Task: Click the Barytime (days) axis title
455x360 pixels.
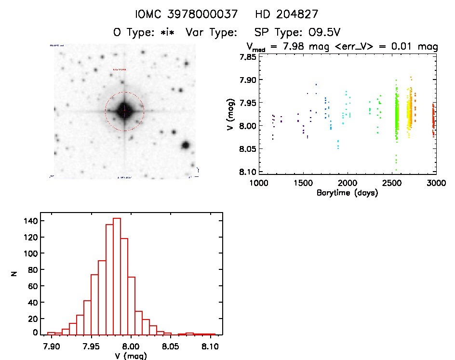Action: [347, 193]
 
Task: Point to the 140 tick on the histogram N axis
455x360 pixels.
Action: [30, 221]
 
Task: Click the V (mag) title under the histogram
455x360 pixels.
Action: [130, 356]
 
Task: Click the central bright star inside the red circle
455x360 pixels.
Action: [124, 111]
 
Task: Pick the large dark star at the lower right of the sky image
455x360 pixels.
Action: [185, 145]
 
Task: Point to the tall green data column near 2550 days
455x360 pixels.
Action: [397, 116]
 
